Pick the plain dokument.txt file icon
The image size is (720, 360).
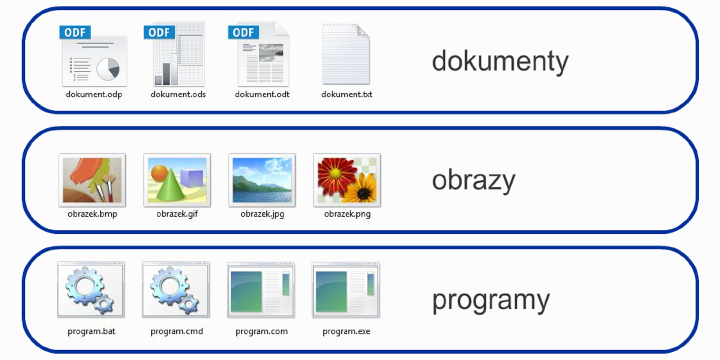click(x=346, y=54)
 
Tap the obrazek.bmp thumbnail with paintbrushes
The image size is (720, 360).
click(x=92, y=180)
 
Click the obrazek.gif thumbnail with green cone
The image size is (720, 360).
click(x=177, y=180)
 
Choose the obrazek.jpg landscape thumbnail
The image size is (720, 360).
click(x=262, y=180)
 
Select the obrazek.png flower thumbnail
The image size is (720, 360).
click(x=347, y=180)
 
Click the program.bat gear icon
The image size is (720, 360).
click(x=91, y=290)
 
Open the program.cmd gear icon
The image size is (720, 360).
click(x=176, y=290)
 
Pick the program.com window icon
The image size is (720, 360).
click(x=261, y=290)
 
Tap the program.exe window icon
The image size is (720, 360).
click(x=346, y=290)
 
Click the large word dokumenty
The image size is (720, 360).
click(x=500, y=62)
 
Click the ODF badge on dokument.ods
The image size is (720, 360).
click(x=159, y=32)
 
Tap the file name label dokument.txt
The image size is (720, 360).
click(x=347, y=94)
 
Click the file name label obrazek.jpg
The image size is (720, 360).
click(x=262, y=214)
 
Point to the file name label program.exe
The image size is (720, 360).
click(x=346, y=331)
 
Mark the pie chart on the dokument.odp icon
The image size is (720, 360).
click(x=108, y=69)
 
